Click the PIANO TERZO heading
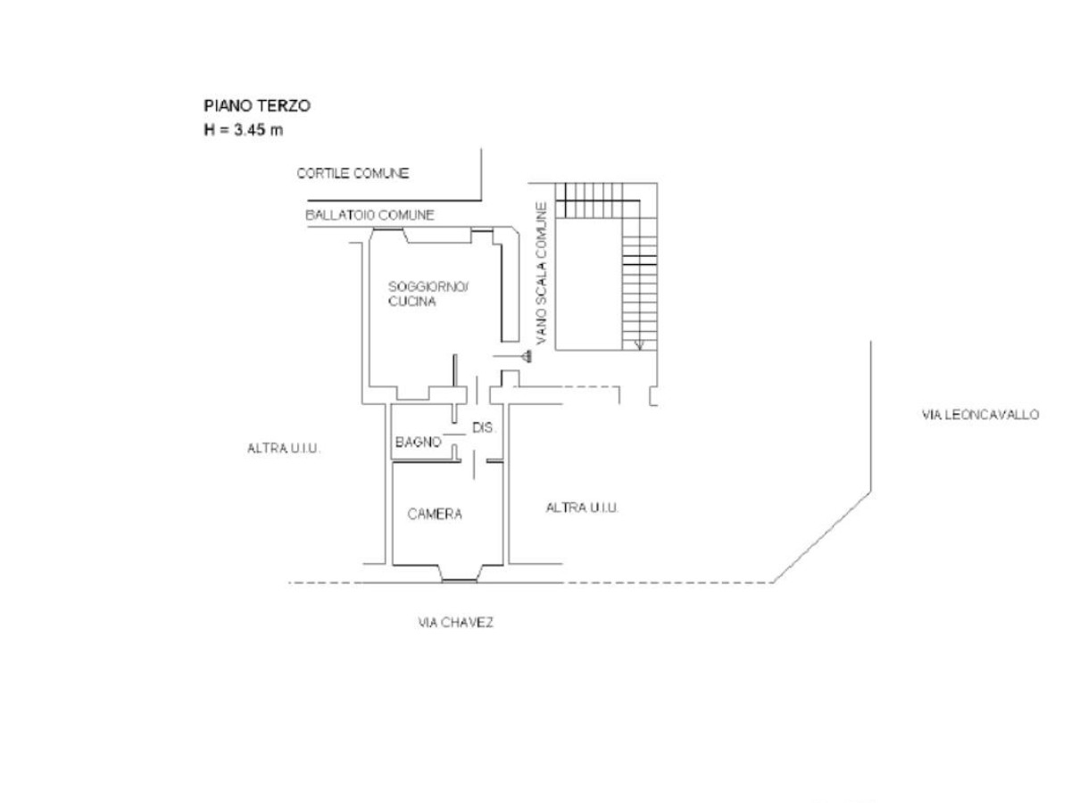pyautogui.click(x=257, y=105)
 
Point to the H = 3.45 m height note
pyautogui.click(x=244, y=129)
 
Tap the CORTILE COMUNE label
pyautogui.click(x=353, y=173)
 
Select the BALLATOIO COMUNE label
pyautogui.click(x=369, y=215)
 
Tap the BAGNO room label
pyautogui.click(x=419, y=442)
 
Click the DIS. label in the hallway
pyautogui.click(x=483, y=428)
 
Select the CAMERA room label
pyautogui.click(x=435, y=514)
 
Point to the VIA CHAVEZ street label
pyautogui.click(x=455, y=623)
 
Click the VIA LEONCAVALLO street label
pyautogui.click(x=979, y=415)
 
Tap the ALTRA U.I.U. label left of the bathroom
pyautogui.click(x=283, y=449)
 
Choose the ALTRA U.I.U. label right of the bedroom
pyautogui.click(x=582, y=508)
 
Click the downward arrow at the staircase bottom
pyautogui.click(x=639, y=344)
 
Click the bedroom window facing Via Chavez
pyautogui.click(x=459, y=580)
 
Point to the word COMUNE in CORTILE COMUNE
pyautogui.click(x=381, y=173)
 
